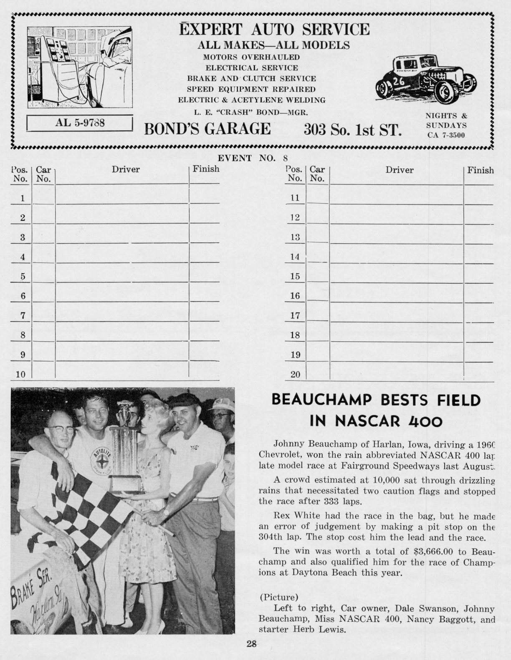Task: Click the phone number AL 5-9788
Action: pos(80,123)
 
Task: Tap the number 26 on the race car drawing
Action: pos(399,81)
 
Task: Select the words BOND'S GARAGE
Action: pos(207,128)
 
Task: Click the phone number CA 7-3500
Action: pos(446,135)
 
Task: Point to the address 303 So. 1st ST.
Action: pos(353,130)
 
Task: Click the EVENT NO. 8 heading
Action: pos(253,158)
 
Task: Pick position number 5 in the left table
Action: pos(23,276)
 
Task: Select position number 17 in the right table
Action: pos(295,316)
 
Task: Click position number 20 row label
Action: pos(295,375)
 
